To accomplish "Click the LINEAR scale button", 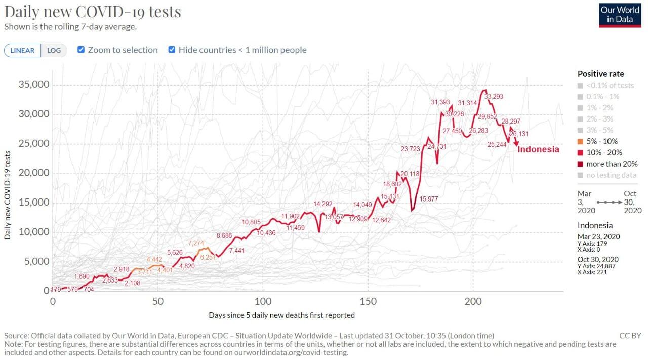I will (x=22, y=50).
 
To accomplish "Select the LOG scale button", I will (x=54, y=50).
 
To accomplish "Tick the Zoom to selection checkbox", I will (x=81, y=50).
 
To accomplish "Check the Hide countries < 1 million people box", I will (x=172, y=50).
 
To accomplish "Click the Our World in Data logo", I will (x=620, y=15).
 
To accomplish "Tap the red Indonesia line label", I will (x=539, y=149).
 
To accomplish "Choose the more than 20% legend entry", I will (x=612, y=164).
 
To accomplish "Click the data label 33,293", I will (x=494, y=96).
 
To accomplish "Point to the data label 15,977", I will (x=429, y=199).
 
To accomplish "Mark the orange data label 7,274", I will (x=196, y=244).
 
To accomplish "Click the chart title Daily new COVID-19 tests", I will (x=93, y=12).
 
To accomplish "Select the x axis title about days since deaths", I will (x=281, y=315).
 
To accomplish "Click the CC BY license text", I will (x=630, y=336).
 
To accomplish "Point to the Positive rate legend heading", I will (x=600, y=74).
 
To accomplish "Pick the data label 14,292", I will (x=323, y=204).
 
